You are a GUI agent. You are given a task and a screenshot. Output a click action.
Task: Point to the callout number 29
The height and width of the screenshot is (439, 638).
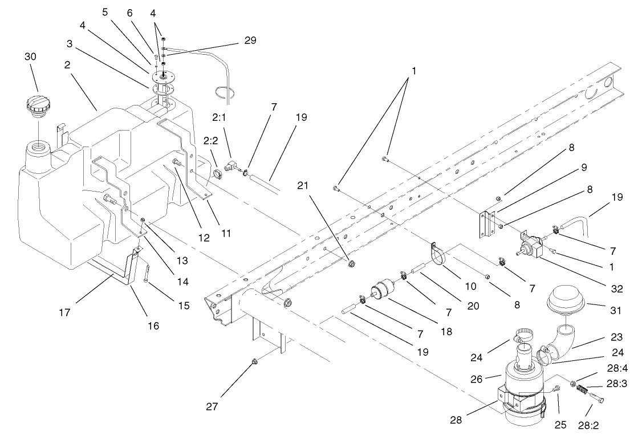(x=250, y=40)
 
